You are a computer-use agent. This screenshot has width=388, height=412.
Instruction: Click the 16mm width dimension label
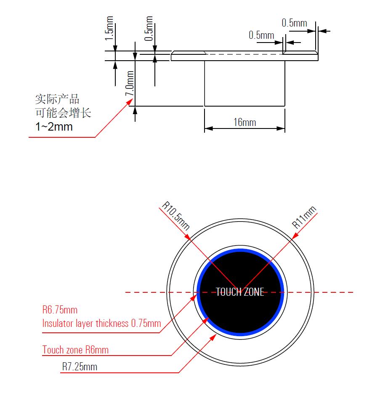pyautogui.click(x=244, y=122)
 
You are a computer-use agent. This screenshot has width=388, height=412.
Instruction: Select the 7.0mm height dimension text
pyautogui.click(x=130, y=84)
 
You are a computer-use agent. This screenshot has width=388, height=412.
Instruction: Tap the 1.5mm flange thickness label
pyautogui.click(x=109, y=28)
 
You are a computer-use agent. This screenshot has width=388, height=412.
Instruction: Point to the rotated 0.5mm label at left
pyautogui.click(x=149, y=28)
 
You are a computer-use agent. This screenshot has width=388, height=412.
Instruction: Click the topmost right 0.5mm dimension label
pyautogui.click(x=294, y=23)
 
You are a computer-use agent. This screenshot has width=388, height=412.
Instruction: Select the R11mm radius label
pyautogui.click(x=305, y=217)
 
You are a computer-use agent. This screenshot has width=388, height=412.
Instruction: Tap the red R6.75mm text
pyautogui.click(x=60, y=310)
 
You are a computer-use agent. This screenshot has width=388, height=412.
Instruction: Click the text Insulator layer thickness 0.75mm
pyautogui.click(x=101, y=324)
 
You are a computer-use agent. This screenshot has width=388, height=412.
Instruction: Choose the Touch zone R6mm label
pyautogui.click(x=75, y=350)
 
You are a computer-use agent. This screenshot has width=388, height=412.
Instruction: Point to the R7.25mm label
pyautogui.click(x=80, y=367)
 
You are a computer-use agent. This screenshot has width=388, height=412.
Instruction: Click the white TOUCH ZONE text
pyautogui.click(x=240, y=292)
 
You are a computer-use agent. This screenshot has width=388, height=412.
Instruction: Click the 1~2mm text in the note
pyautogui.click(x=54, y=126)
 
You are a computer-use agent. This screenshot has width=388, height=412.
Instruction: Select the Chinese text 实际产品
pyautogui.click(x=57, y=99)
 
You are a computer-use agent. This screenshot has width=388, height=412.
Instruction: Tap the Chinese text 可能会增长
pyautogui.click(x=63, y=113)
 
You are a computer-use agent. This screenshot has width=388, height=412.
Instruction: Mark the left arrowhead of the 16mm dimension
pyautogui.click(x=207, y=128)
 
